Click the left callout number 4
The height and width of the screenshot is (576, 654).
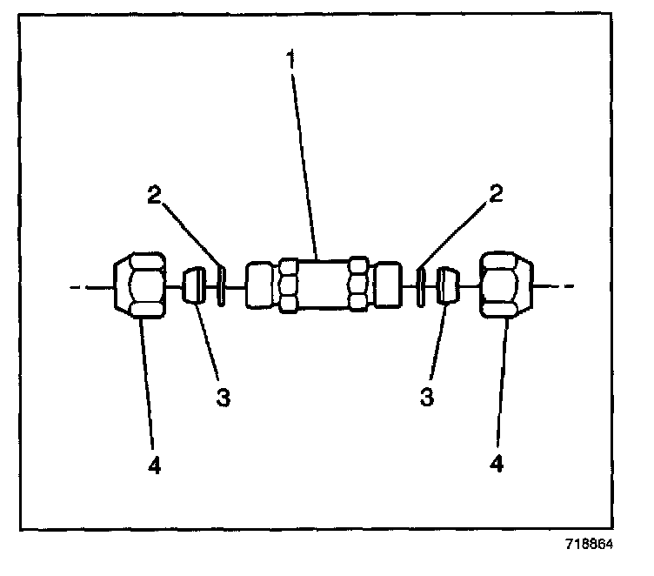(154, 465)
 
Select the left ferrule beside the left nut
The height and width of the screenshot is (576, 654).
(195, 285)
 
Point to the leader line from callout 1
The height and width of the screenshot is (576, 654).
(305, 165)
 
